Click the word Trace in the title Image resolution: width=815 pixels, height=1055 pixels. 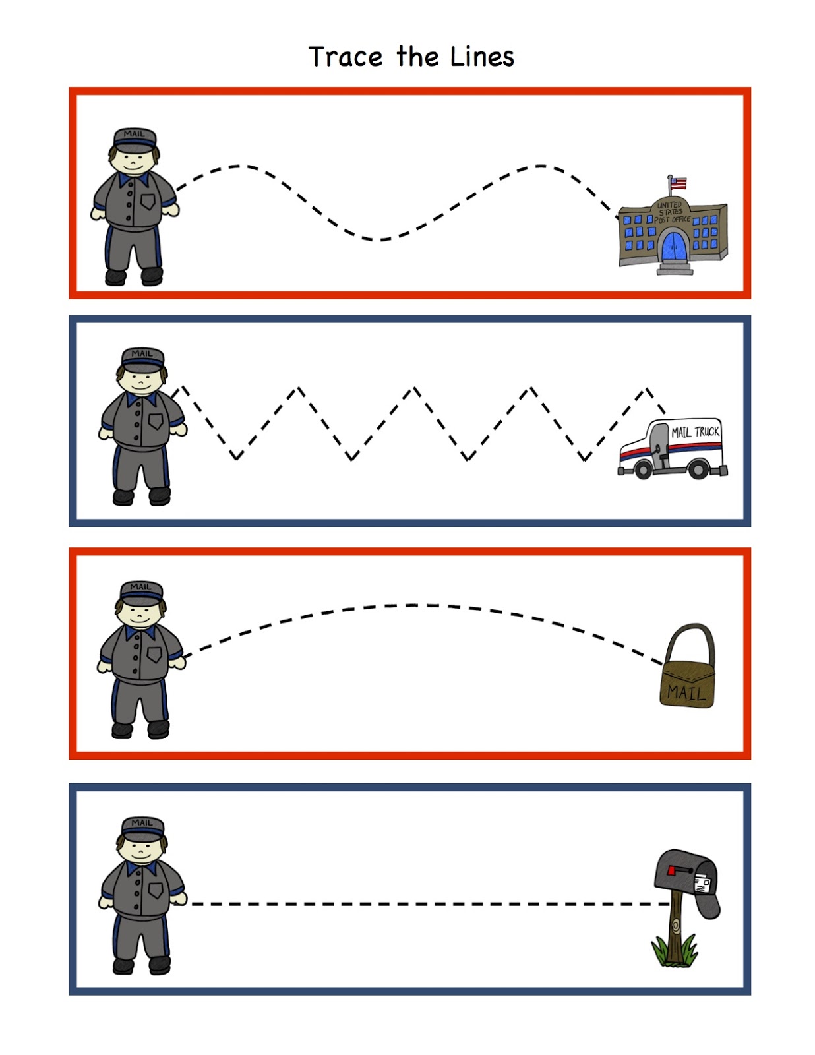[346, 57]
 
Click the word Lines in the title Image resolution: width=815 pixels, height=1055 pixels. [482, 57]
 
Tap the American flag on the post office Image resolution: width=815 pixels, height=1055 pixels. [678, 183]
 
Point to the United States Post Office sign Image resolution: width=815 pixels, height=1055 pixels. [671, 212]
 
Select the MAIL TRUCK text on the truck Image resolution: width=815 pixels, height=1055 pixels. [695, 432]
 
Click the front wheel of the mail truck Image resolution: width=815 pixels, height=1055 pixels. [643, 469]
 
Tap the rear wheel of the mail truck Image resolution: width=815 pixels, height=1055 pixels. [698, 469]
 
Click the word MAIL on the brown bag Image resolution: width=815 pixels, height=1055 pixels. [686, 693]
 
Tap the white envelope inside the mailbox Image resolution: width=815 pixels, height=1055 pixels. [702, 884]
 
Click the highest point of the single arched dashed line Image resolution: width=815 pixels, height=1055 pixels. [412, 605]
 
